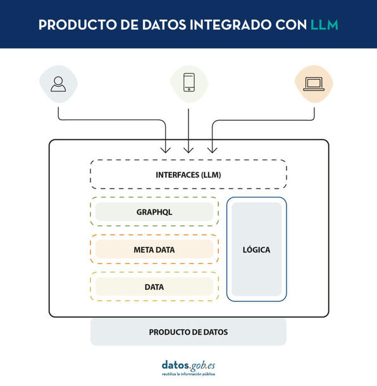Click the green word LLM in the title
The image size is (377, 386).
click(x=324, y=25)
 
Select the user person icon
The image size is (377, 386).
click(x=58, y=84)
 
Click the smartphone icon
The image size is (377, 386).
click(x=189, y=82)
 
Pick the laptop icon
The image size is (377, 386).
click(x=314, y=84)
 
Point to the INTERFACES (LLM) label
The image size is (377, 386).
click(x=188, y=175)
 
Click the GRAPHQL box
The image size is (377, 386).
click(x=154, y=212)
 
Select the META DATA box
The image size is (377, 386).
click(x=154, y=249)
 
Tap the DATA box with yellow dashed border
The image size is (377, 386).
click(x=154, y=287)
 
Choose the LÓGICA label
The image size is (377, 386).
click(x=256, y=249)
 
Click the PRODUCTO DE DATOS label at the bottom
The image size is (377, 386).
click(x=188, y=332)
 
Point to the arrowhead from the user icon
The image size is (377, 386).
click(x=166, y=151)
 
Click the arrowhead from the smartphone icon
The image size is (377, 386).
click(x=188, y=151)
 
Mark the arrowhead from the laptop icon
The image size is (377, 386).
click(x=212, y=151)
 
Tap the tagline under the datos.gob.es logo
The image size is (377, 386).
click(x=188, y=374)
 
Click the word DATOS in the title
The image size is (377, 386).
click(x=164, y=25)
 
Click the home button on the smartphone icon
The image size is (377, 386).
click(x=189, y=89)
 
